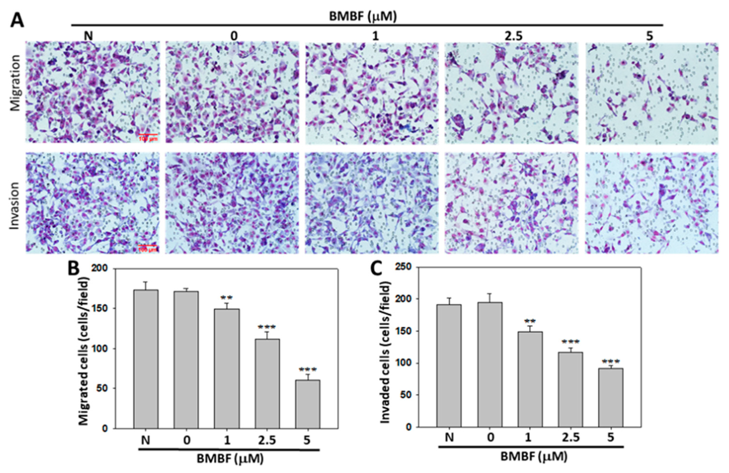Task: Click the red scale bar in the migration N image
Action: pyautogui.click(x=148, y=134)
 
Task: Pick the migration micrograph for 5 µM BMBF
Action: pyautogui.click(x=652, y=93)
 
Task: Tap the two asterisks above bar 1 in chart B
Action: pyautogui.click(x=227, y=297)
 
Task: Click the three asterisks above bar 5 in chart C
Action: pyautogui.click(x=611, y=361)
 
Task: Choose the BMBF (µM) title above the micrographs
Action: pyautogui.click(x=363, y=17)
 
